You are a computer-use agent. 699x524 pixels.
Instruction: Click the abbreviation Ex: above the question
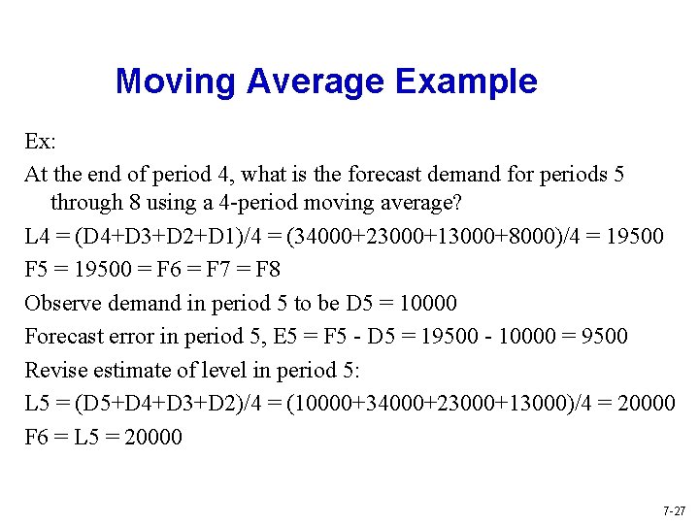pyautogui.click(x=40, y=142)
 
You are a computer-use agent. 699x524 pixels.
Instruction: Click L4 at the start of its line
pyautogui.click(x=37, y=236)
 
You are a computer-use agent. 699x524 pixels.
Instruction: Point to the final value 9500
pyautogui.click(x=601, y=336)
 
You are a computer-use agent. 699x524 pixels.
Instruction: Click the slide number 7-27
pyautogui.click(x=673, y=509)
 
